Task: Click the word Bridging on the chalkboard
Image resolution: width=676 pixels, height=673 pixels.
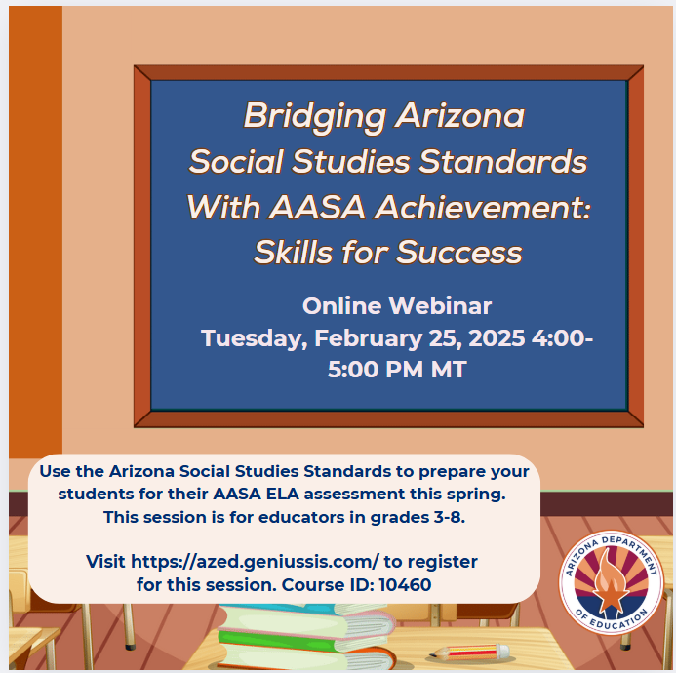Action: tap(315, 116)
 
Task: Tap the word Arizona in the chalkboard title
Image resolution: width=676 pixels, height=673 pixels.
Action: tap(460, 115)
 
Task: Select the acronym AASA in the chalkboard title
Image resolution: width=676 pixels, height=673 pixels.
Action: tap(317, 208)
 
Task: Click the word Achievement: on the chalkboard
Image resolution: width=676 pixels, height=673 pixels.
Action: tap(483, 208)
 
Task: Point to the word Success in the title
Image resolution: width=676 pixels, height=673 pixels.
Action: tap(458, 253)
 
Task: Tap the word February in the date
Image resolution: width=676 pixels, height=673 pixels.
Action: tap(368, 338)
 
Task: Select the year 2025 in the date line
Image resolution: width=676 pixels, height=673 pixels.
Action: tap(497, 338)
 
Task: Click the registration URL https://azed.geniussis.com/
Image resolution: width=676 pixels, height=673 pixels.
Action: tap(255, 562)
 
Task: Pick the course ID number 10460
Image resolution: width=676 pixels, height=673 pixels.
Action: tap(405, 585)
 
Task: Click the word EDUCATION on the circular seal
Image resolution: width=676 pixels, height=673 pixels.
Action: tap(618, 620)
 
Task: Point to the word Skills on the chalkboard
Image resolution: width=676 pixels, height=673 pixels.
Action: tap(294, 252)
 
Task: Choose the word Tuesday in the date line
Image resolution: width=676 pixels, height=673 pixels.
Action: tap(255, 338)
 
